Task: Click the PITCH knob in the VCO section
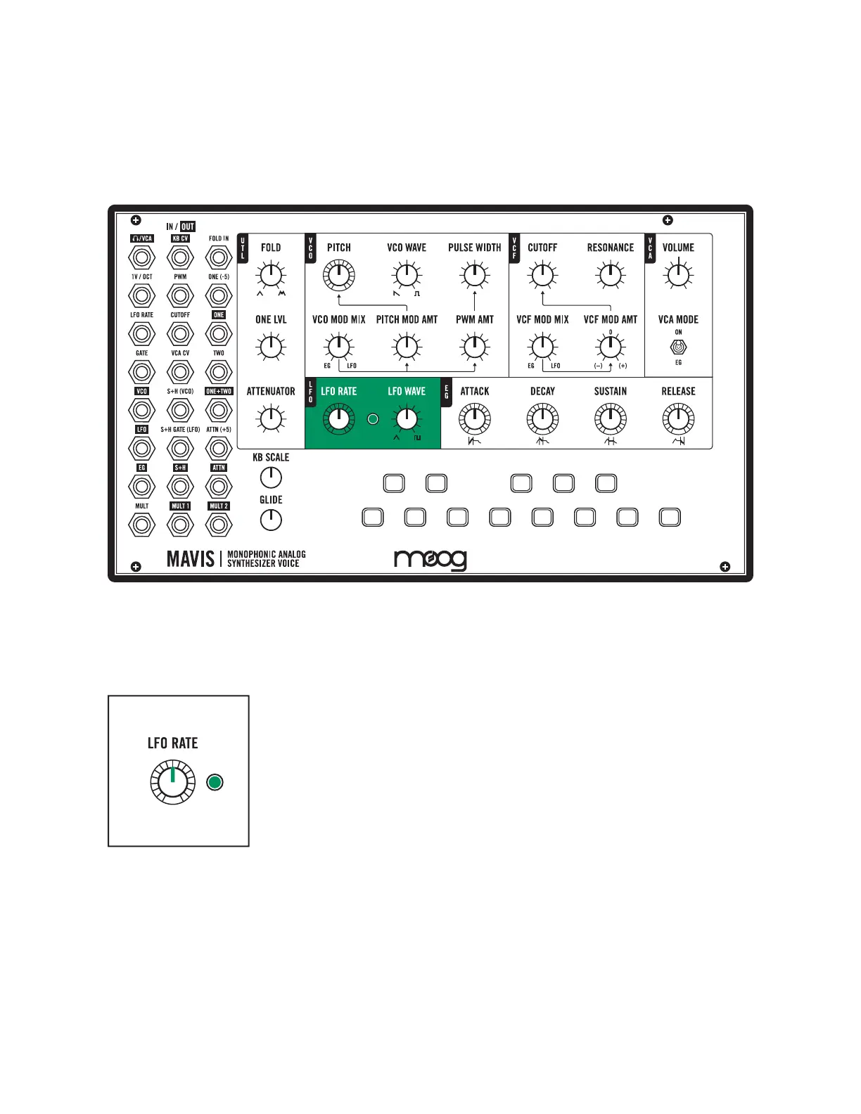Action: [x=338, y=276]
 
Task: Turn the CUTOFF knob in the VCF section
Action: [x=542, y=276]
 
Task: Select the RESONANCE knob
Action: [x=610, y=276]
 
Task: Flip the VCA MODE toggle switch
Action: [x=678, y=347]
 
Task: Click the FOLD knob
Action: [x=271, y=276]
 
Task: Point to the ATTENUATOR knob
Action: [x=271, y=419]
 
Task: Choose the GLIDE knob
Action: [x=271, y=520]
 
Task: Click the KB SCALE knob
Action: [x=271, y=478]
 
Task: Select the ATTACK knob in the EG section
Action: [x=475, y=419]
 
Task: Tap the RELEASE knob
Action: [x=678, y=419]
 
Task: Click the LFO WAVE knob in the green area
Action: [x=407, y=419]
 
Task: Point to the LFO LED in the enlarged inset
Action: [x=215, y=782]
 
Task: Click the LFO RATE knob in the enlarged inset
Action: [x=173, y=782]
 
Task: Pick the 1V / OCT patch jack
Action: [x=141, y=295]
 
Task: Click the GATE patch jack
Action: [x=141, y=372]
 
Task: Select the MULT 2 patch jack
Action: [x=219, y=525]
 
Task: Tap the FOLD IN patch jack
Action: [x=219, y=257]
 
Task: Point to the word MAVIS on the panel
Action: [x=191, y=559]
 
